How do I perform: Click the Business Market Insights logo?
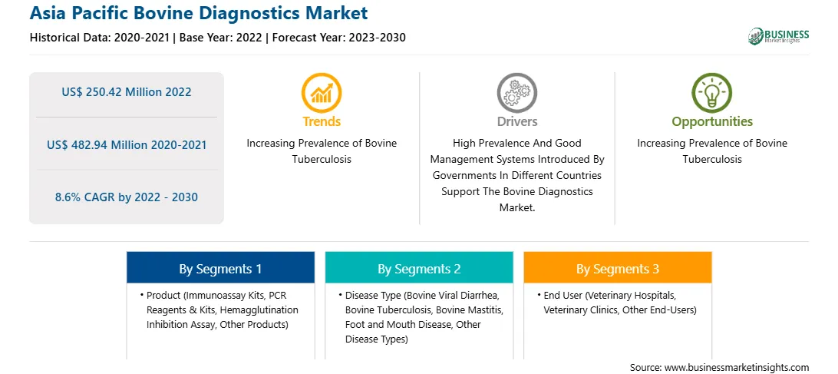(x=778, y=36)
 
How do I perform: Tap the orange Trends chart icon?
(x=322, y=93)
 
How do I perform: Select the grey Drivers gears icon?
(x=516, y=93)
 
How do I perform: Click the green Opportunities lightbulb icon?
(x=712, y=93)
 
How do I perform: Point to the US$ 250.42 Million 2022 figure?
(x=126, y=92)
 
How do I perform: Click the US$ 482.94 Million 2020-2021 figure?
(x=126, y=144)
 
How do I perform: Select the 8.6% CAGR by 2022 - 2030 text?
(x=126, y=197)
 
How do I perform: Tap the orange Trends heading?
(x=322, y=121)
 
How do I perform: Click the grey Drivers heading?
(x=516, y=121)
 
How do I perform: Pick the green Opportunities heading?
(x=712, y=122)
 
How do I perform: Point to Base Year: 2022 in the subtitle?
(x=221, y=38)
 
